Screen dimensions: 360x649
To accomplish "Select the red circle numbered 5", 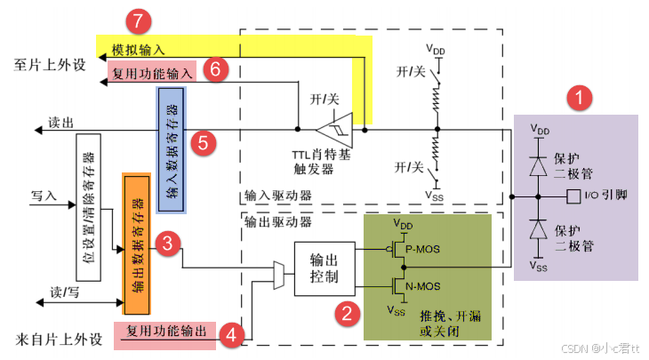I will point(202,141).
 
